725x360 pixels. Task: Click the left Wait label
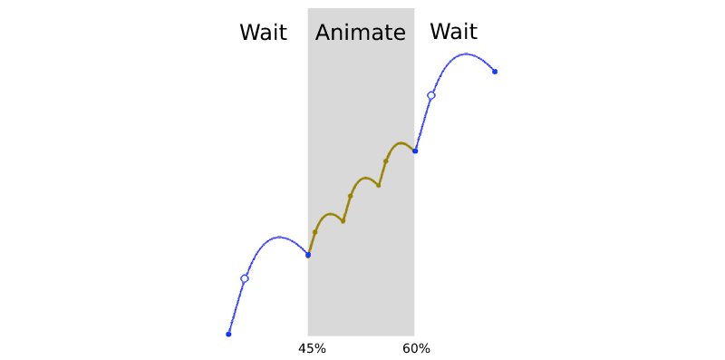click(x=263, y=33)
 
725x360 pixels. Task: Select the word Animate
click(x=361, y=33)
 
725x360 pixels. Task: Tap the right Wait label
click(x=453, y=32)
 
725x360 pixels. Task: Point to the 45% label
click(x=312, y=349)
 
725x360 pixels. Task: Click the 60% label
click(x=417, y=349)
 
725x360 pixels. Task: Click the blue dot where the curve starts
click(x=228, y=335)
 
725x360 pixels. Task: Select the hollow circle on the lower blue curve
click(x=244, y=278)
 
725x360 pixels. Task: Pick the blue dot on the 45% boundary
click(x=308, y=255)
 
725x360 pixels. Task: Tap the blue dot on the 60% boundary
click(x=415, y=151)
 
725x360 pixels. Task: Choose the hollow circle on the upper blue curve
click(x=430, y=95)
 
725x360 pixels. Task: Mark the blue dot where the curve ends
click(x=495, y=72)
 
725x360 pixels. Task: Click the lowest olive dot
click(x=315, y=232)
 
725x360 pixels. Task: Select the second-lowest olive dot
click(x=343, y=220)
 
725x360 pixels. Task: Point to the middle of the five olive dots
click(x=351, y=196)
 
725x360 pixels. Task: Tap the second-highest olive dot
click(x=378, y=185)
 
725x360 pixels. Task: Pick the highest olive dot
click(x=386, y=161)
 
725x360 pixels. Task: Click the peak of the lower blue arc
click(x=279, y=238)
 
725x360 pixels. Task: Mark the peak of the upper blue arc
click(x=466, y=54)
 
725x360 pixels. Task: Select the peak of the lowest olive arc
click(x=331, y=214)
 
